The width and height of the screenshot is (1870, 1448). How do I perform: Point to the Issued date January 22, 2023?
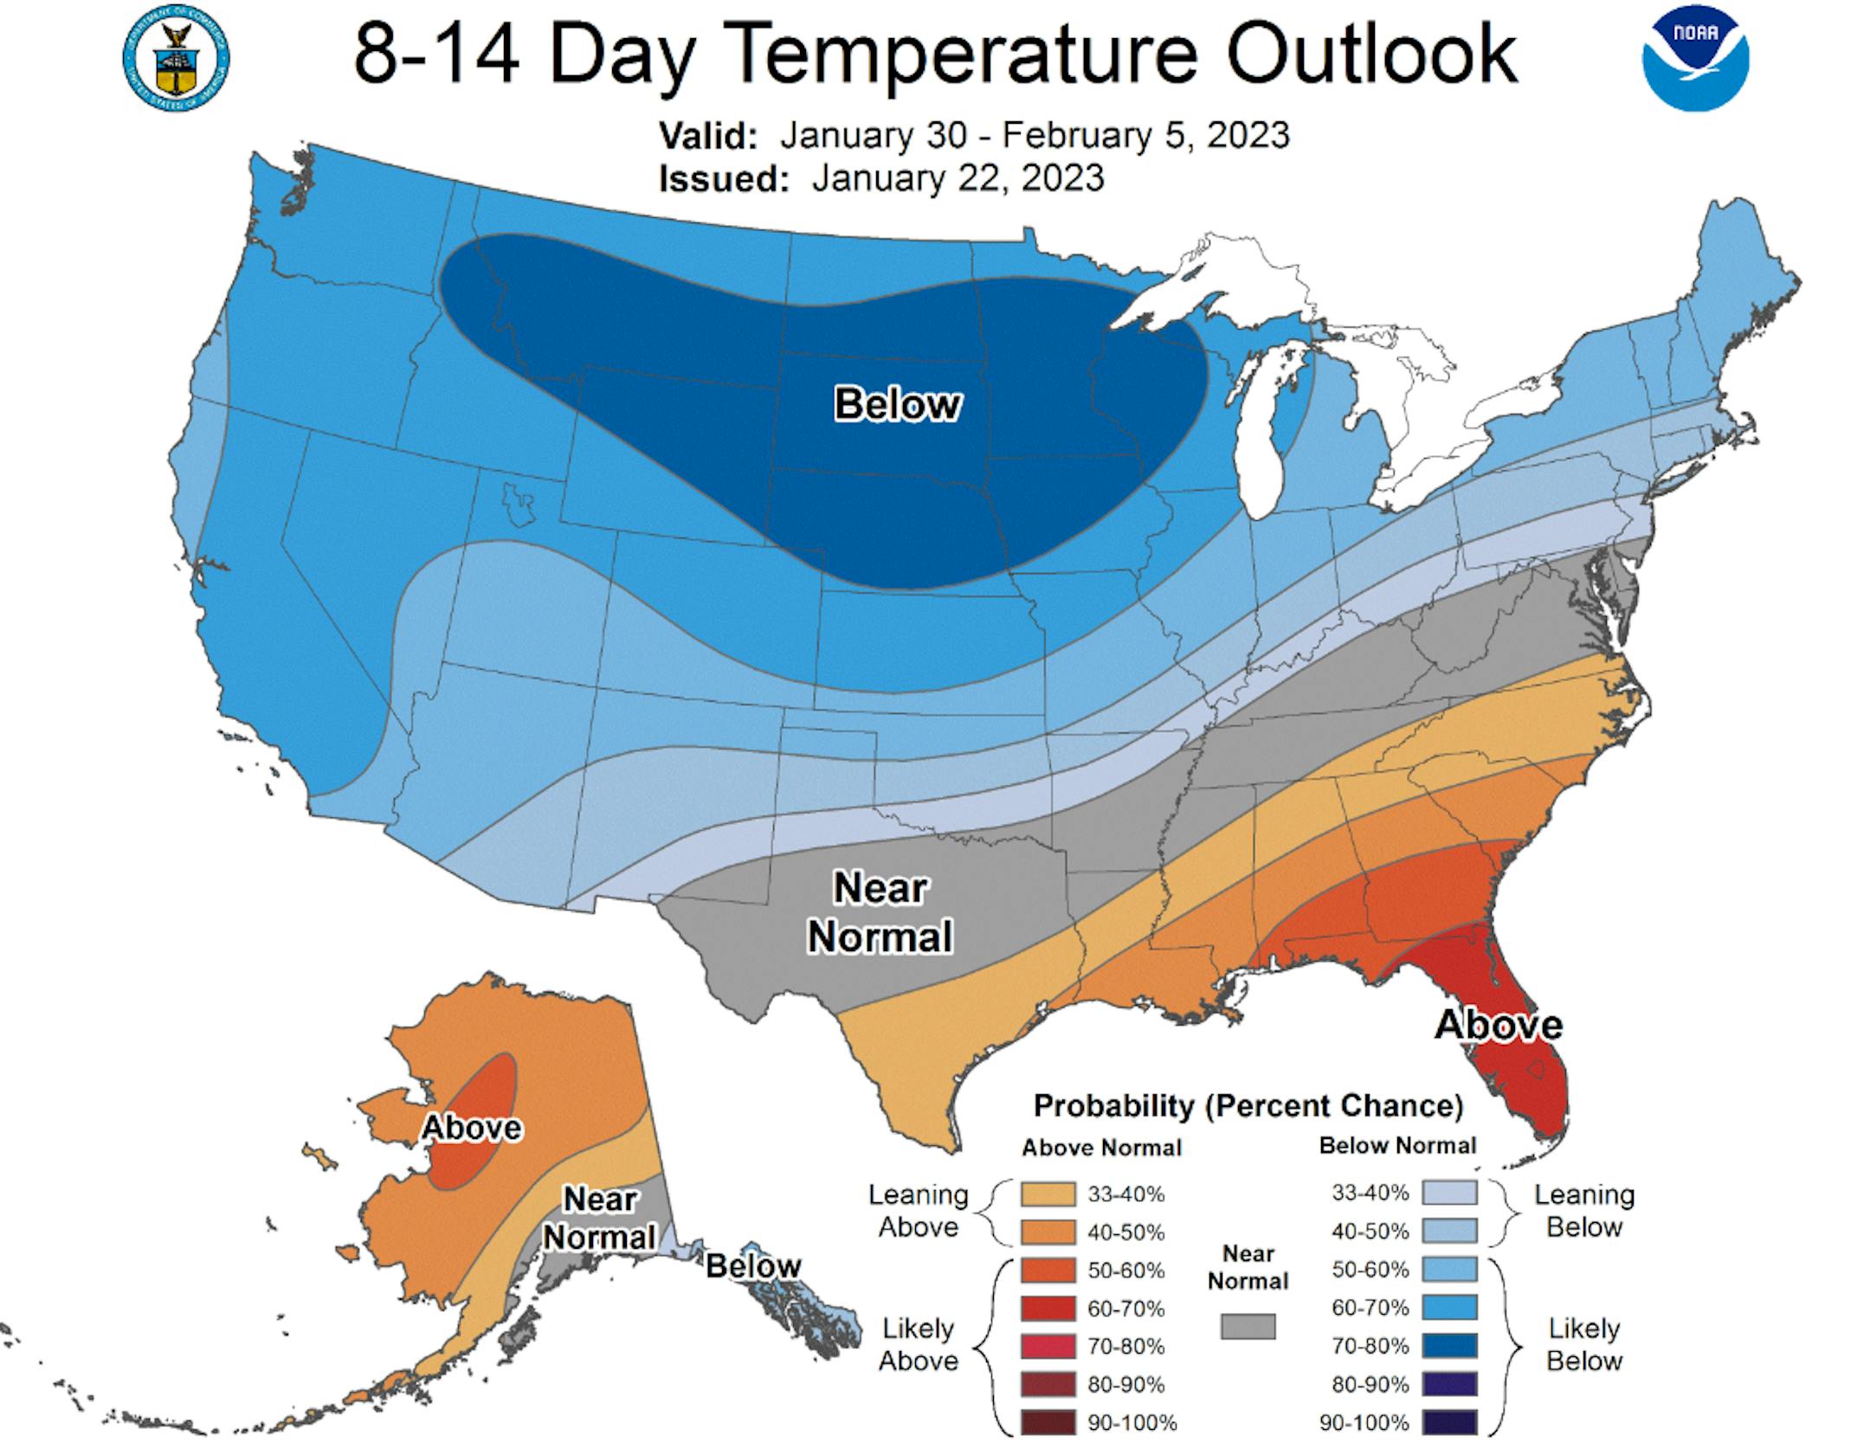coord(958,178)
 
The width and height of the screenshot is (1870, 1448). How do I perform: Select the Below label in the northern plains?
coord(897,404)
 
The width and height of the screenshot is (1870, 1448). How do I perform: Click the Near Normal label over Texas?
coord(880,912)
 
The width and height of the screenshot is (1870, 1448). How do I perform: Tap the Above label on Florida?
coord(1499,1025)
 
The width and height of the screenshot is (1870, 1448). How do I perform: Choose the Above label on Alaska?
coord(472,1127)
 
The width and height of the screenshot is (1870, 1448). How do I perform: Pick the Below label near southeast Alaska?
coord(753,1265)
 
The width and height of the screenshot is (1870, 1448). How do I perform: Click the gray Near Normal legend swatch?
coord(1248,1326)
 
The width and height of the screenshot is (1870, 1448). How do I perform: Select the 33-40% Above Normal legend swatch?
coord(1048,1194)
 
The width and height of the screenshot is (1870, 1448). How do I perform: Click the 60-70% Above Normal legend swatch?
coord(1048,1309)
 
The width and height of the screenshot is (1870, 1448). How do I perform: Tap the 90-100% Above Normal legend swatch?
coord(1048,1422)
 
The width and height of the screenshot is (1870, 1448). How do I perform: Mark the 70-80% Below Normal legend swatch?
coord(1449,1346)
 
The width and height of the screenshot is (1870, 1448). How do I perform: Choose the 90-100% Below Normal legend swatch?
coord(1449,1422)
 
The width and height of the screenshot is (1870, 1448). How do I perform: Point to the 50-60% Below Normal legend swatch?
coord(1449,1270)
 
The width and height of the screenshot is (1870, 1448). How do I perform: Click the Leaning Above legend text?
coord(919,1211)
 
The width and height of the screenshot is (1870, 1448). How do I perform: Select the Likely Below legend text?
coord(1583,1344)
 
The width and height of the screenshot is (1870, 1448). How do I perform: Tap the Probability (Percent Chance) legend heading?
coord(1248,1105)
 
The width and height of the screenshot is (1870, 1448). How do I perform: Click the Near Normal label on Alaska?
coord(599,1218)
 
